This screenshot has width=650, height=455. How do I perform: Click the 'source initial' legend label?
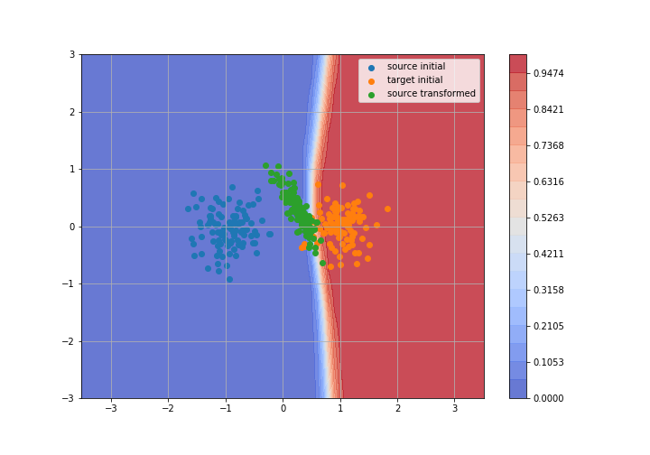click(416, 66)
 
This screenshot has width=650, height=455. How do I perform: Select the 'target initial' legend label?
click(414, 80)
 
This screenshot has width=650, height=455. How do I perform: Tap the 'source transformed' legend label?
click(432, 93)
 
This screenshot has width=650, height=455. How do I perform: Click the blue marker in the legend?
click(371, 68)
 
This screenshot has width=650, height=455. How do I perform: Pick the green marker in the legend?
click(371, 95)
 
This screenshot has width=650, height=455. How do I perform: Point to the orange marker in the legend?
click(371, 81)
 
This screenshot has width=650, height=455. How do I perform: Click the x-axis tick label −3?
click(111, 409)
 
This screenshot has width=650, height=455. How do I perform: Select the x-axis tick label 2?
click(398, 409)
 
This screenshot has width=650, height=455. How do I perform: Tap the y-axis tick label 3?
click(72, 55)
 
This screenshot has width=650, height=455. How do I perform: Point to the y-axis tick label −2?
click(69, 341)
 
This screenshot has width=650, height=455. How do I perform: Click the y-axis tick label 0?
click(72, 227)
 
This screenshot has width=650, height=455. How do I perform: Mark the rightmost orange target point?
click(387, 209)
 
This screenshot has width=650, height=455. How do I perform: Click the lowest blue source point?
click(229, 280)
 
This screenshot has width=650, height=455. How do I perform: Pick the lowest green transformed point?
click(322, 263)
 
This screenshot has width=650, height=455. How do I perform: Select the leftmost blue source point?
click(188, 209)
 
